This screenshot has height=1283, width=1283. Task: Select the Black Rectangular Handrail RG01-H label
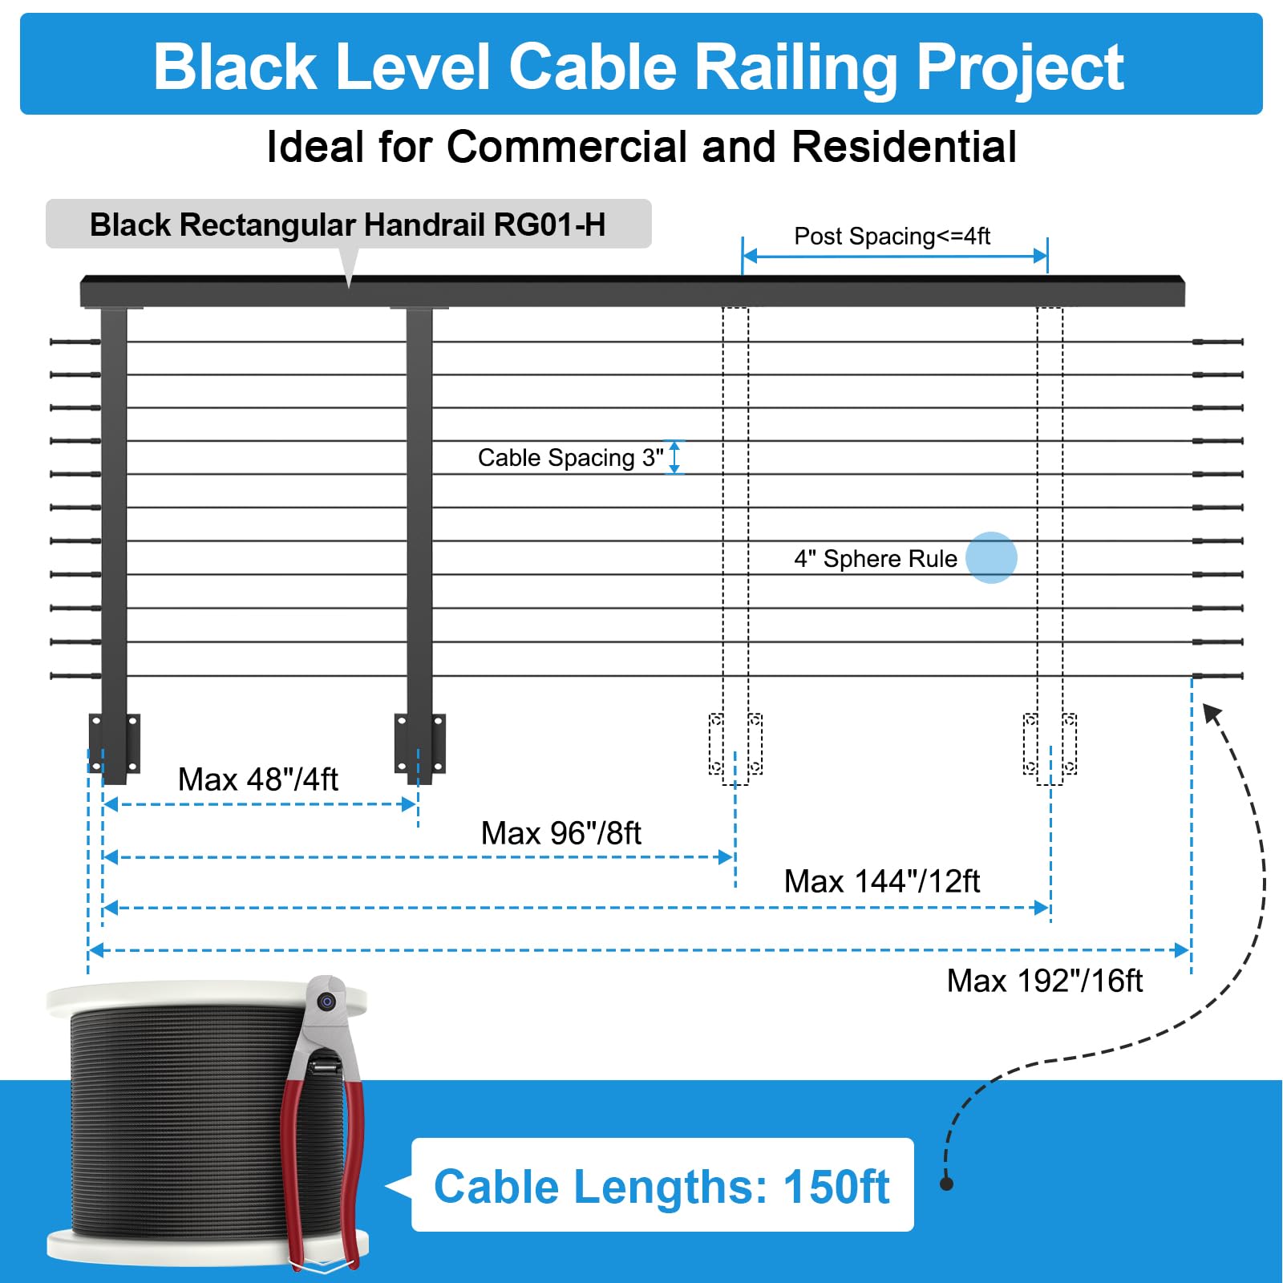tap(348, 225)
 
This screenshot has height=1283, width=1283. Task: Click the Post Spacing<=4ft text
tap(892, 237)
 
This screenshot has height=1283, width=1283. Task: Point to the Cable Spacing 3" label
tap(571, 458)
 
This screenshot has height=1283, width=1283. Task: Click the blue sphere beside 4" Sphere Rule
tap(991, 557)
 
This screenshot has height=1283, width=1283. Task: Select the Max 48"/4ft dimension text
tap(257, 779)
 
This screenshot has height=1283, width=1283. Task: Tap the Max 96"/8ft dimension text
tap(561, 833)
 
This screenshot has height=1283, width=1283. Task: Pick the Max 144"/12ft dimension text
tap(882, 881)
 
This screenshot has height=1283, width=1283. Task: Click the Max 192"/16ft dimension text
tap(1045, 981)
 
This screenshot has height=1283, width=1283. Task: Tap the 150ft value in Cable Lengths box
tap(836, 1187)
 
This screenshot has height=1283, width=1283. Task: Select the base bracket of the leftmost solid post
tap(114, 743)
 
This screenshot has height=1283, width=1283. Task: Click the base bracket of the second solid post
tap(420, 743)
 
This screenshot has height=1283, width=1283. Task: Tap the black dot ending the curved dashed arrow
tap(947, 1184)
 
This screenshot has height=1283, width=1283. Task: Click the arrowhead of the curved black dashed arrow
tap(1212, 713)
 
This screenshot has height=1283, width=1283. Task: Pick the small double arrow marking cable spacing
tap(675, 457)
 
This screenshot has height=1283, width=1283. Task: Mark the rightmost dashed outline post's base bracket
tap(1050, 744)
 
